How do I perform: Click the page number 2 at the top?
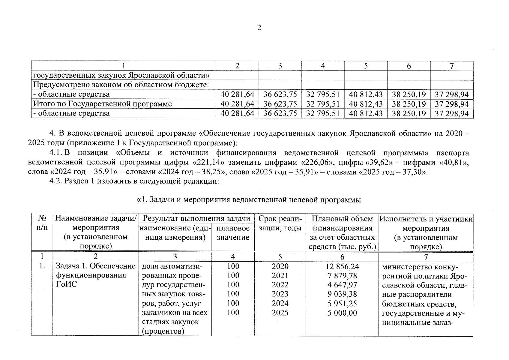259,28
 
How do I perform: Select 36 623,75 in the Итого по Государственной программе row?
280,104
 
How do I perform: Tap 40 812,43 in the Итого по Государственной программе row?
366,104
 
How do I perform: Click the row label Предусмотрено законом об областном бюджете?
121,85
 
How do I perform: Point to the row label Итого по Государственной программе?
102,104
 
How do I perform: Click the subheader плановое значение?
233,233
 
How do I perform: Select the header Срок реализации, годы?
280,223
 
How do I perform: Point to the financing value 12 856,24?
342,266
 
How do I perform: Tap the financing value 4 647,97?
342,285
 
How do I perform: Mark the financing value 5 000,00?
342,313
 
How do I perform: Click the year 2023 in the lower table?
280,294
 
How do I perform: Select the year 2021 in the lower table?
280,275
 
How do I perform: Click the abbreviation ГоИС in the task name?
66,284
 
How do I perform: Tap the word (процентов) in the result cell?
162,331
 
